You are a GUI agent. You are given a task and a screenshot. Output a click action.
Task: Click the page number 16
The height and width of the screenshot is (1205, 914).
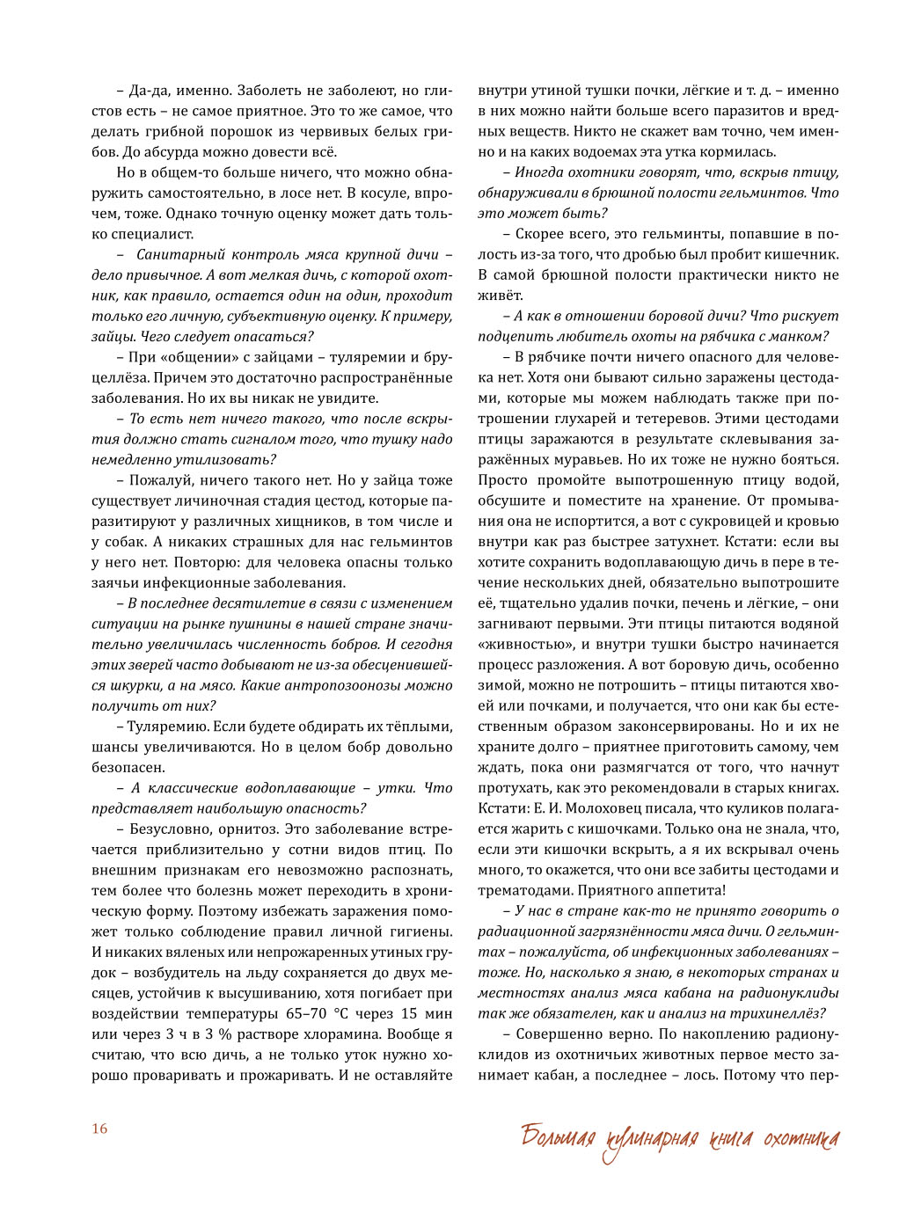click(99, 1128)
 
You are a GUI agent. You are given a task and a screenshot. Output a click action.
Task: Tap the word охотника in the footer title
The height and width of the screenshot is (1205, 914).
click(801, 1140)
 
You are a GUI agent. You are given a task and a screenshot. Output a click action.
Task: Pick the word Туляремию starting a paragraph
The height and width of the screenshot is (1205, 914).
click(169, 727)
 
